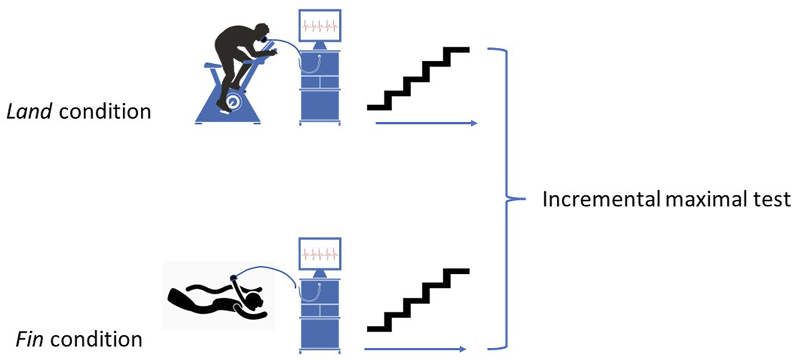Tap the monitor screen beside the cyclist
pos(320,27)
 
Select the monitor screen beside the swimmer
pos(320,253)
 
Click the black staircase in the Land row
pos(419,79)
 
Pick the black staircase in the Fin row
pos(419,300)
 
